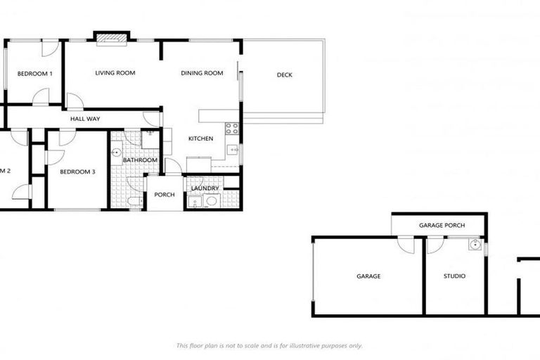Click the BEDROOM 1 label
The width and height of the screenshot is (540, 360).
click(35, 74)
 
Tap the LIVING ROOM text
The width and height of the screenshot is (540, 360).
click(115, 73)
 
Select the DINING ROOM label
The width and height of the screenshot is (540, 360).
click(202, 73)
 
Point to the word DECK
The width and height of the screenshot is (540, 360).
click(284, 75)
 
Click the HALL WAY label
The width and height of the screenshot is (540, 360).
click(85, 119)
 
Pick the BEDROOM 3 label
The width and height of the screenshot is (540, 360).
click(77, 172)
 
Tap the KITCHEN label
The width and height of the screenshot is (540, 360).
click(200, 139)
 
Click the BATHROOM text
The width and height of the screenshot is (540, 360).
click(140, 160)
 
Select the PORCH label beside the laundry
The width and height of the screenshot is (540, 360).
click(164, 195)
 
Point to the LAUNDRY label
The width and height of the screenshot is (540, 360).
click(205, 188)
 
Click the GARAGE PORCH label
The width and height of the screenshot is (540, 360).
click(441, 226)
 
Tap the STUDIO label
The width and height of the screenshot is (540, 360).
click(454, 276)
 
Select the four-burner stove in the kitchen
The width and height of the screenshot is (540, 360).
click(231, 129)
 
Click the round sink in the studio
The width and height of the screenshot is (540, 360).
click(476, 246)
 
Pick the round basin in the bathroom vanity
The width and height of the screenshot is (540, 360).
click(116, 151)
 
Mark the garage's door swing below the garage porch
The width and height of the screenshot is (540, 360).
click(406, 245)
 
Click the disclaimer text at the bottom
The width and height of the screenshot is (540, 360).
click(269, 345)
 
